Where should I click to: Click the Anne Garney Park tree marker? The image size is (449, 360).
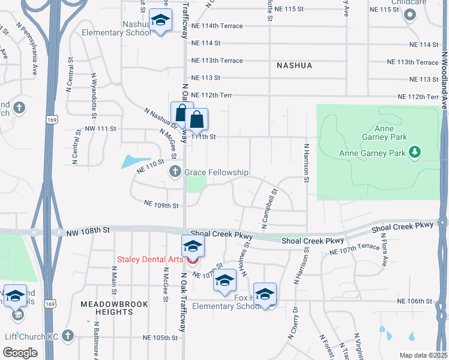tap(415, 152)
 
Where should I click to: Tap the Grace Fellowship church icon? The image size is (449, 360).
tap(175, 173)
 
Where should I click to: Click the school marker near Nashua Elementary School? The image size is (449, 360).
tap(160, 22)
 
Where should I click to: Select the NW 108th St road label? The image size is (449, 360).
tap(89, 230)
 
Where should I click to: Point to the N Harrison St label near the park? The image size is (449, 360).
tap(306, 163)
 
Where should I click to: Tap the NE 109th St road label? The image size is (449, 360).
tap(161, 205)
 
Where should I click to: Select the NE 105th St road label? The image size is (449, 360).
tap(160, 338)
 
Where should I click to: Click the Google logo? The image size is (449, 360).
tap(20, 353)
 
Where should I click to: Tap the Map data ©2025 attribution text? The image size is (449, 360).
tap(423, 355)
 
